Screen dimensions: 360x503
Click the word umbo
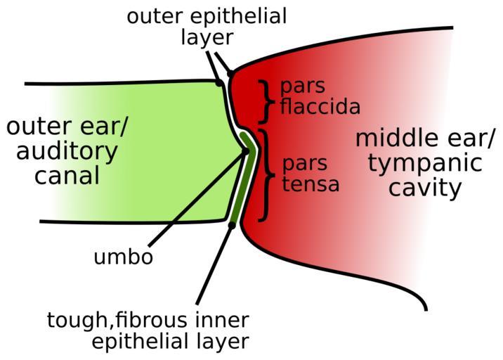click(x=123, y=257)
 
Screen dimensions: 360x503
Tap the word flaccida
click(x=320, y=107)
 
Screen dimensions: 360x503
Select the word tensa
click(x=311, y=184)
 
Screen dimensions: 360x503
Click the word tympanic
click(x=425, y=163)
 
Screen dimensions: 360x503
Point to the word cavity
click(x=426, y=188)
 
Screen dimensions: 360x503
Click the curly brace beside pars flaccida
click(x=266, y=101)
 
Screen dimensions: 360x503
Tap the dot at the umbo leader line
click(x=246, y=150)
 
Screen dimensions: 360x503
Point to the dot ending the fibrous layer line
click(x=233, y=225)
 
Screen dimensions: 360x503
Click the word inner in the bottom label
click(x=226, y=321)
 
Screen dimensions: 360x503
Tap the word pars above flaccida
click(x=303, y=86)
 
